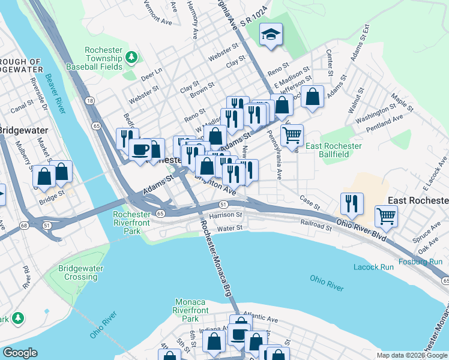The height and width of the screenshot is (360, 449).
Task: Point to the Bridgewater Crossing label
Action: [81, 272]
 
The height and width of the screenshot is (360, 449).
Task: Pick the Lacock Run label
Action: [373, 266]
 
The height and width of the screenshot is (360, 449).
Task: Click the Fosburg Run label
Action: [423, 262]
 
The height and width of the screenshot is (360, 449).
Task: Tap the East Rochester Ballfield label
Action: [334, 150]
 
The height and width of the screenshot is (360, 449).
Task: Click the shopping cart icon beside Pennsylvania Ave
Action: [292, 135]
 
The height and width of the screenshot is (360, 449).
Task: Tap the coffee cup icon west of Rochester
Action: [140, 149]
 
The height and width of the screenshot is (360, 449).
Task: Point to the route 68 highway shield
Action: [24, 226]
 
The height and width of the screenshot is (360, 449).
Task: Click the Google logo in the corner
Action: [20, 353]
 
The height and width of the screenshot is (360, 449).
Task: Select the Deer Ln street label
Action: [151, 71]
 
